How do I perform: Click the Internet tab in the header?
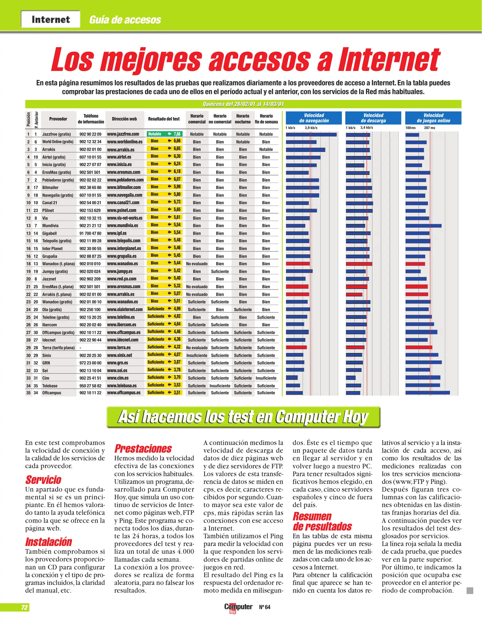[x=50, y=19]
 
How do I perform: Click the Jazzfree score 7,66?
[x=177, y=134]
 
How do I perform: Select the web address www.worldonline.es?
[x=125, y=142]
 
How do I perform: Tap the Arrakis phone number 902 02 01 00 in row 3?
[x=90, y=149]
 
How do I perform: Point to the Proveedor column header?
[x=58, y=119]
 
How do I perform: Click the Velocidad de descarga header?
[x=373, y=118]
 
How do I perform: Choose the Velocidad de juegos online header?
[x=433, y=118]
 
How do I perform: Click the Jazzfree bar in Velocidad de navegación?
[x=311, y=134]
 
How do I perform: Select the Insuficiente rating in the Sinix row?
[x=196, y=355]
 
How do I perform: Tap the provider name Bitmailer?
[x=50, y=187]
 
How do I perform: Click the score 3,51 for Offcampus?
[x=177, y=393]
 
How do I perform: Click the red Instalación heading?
[x=48, y=542]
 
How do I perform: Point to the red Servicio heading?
[x=43, y=480]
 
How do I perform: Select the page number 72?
[x=24, y=607]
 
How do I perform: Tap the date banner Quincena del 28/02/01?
[x=243, y=104]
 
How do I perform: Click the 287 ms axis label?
[x=430, y=128]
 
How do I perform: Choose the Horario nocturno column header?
[x=243, y=119]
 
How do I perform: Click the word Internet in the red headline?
[x=389, y=60]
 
